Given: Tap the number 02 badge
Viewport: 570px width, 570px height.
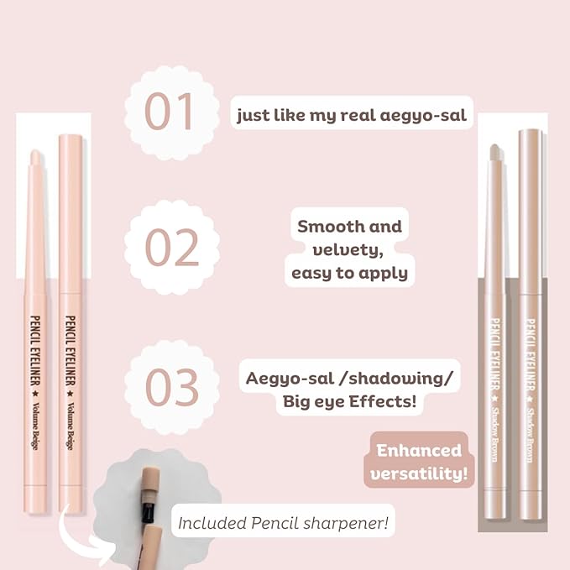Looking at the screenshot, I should coord(172,248).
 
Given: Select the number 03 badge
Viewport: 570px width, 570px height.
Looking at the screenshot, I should coord(172,385).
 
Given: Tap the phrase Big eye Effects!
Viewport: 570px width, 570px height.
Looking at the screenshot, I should coord(349,401).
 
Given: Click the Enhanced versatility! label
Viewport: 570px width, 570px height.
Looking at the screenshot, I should coord(419,463).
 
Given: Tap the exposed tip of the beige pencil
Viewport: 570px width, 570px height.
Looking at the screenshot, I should coord(35,159).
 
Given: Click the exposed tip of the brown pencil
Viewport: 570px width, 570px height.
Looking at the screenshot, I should coord(495,154).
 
